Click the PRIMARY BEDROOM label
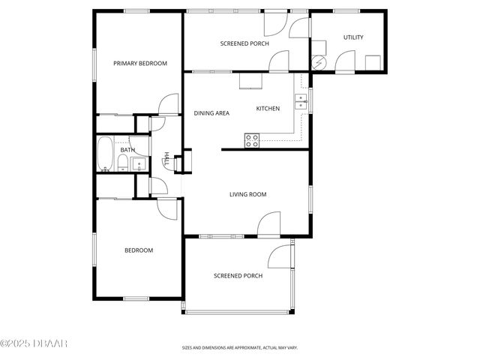[x=139, y=64]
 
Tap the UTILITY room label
[x=353, y=37]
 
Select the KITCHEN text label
[x=268, y=109]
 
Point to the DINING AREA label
[x=211, y=113]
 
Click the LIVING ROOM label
[x=247, y=194]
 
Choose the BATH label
[x=127, y=150]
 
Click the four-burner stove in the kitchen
[x=252, y=140]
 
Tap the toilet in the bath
[x=123, y=163]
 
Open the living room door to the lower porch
[x=268, y=223]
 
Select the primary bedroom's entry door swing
[x=169, y=105]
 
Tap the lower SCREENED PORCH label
[x=238, y=276]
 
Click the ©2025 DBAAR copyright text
[x=34, y=343]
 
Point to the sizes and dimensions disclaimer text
[x=239, y=348]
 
